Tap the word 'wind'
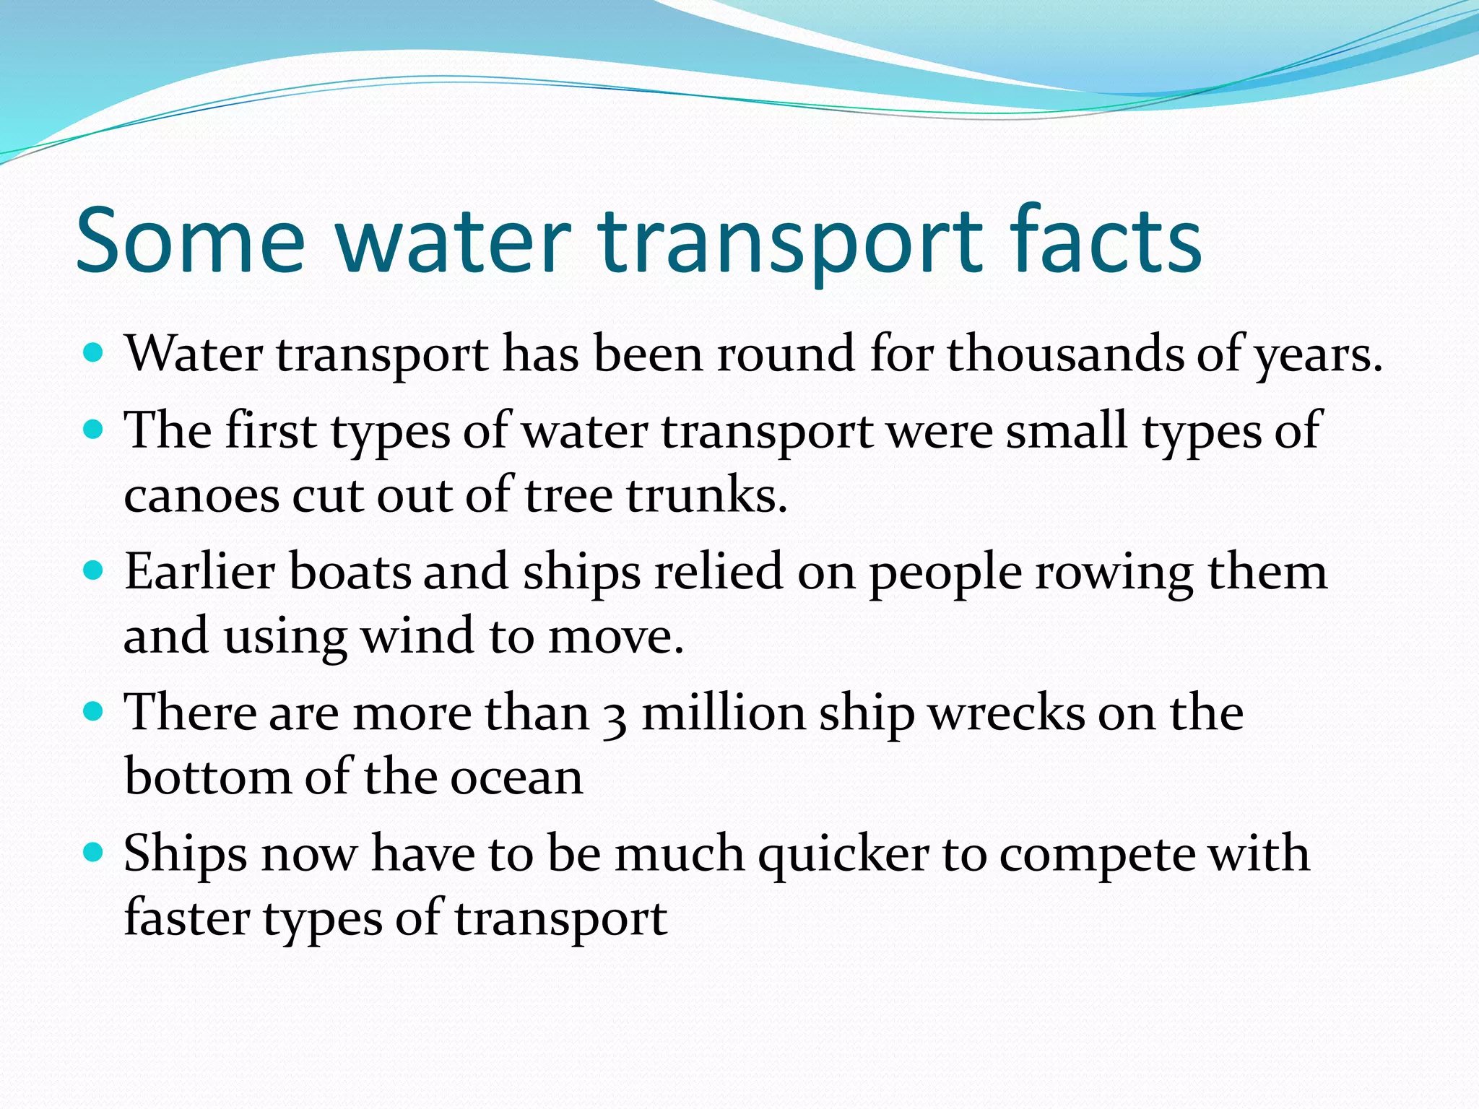coord(417,636)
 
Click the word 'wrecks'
coord(1006,713)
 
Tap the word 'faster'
coord(186,918)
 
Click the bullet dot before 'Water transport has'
coord(94,353)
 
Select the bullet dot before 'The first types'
coord(94,430)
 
